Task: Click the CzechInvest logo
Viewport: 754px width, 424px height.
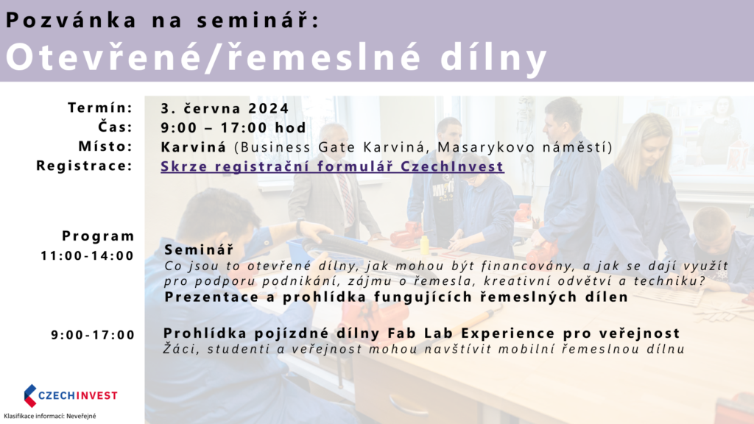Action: point(71,395)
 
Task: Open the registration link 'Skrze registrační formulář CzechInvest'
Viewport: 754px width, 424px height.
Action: point(332,166)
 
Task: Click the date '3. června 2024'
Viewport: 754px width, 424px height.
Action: point(225,109)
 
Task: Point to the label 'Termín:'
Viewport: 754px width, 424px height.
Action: point(100,107)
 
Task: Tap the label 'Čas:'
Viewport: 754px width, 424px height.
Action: point(116,127)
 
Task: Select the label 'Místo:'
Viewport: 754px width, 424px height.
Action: point(105,146)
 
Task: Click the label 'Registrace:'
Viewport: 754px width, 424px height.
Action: point(84,166)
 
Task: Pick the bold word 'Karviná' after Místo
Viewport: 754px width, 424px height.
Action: point(194,147)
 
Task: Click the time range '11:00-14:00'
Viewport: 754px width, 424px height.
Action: point(87,255)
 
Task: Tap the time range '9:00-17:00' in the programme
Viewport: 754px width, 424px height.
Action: point(94,335)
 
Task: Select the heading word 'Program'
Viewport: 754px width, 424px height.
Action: point(98,236)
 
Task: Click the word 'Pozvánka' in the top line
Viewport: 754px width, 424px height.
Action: point(71,21)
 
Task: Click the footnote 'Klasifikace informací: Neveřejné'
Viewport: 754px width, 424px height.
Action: point(50,416)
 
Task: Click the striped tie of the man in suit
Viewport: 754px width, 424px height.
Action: point(345,197)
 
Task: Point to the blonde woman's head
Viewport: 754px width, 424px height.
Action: point(641,139)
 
